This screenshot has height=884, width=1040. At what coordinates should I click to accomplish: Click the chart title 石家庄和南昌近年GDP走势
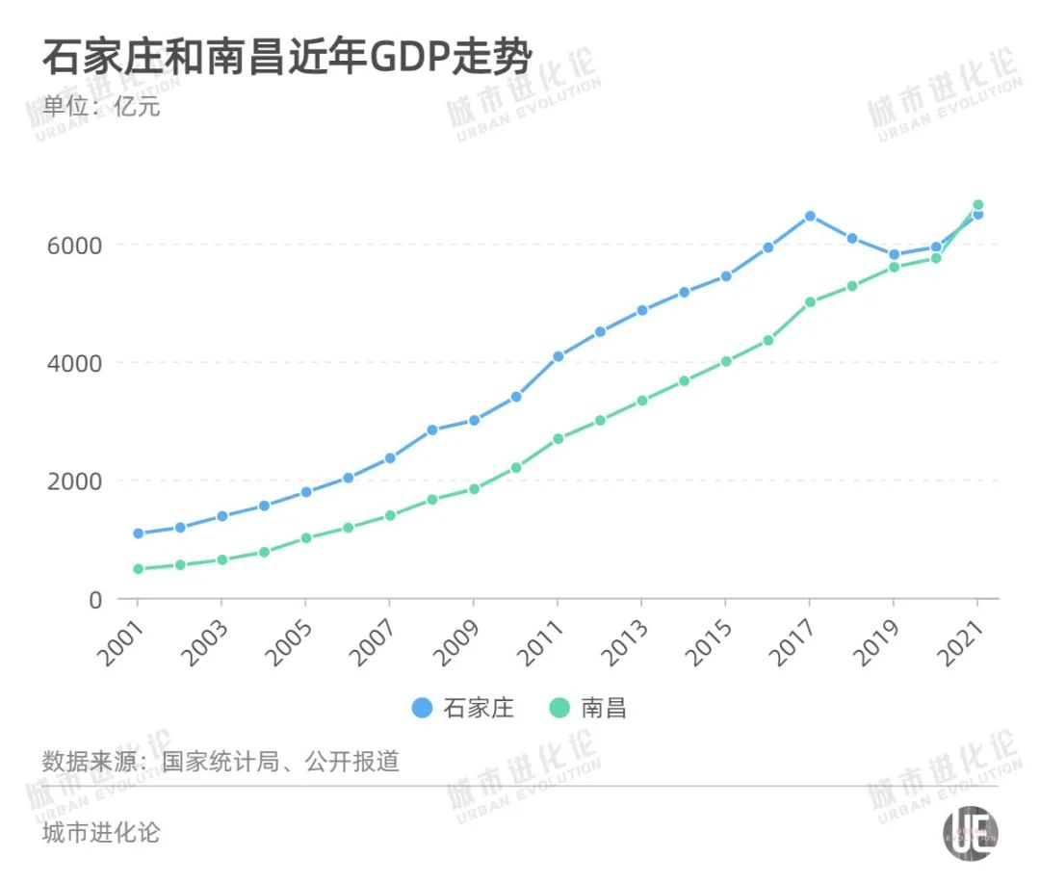[x=286, y=58]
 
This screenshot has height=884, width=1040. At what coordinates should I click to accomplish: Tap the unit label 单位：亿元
[x=100, y=106]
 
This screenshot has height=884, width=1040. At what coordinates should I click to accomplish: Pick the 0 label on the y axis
[x=94, y=599]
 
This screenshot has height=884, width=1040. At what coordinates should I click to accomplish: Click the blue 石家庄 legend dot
[x=422, y=709]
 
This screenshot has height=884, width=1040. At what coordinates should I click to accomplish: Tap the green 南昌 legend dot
[x=559, y=709]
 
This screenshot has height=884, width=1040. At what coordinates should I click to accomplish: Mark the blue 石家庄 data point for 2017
[x=810, y=216]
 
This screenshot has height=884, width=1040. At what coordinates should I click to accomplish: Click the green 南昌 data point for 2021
[x=977, y=205]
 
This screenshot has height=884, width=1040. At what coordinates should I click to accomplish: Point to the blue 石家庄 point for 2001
[x=138, y=533]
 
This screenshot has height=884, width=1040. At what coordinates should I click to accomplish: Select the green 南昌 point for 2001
[x=138, y=569]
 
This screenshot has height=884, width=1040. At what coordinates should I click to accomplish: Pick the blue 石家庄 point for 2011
[x=558, y=356]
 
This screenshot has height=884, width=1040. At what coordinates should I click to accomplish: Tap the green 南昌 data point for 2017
[x=810, y=301]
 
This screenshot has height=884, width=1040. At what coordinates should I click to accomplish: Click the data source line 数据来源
[x=221, y=762]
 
